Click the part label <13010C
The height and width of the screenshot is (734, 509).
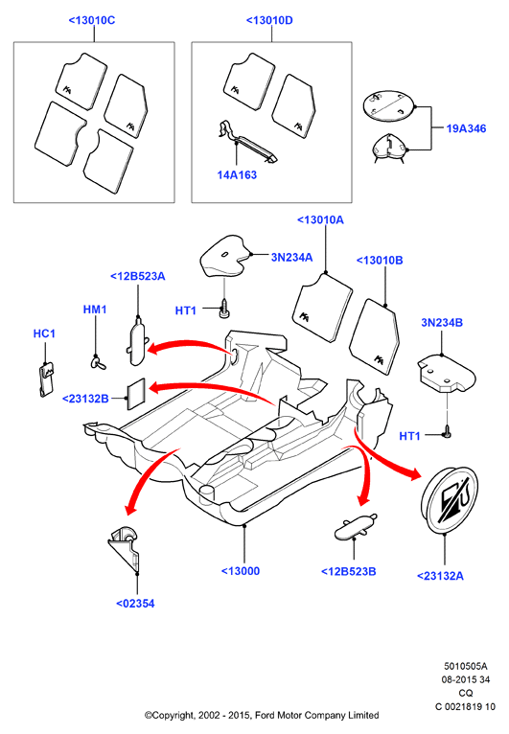pos(92,20)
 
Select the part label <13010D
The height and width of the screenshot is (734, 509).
pos(269,20)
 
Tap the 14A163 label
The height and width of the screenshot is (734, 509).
pos(237,175)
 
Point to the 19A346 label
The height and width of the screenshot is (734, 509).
pos(466,128)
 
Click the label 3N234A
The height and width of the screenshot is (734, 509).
pos(291,257)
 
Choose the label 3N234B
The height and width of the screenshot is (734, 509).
pos(442,323)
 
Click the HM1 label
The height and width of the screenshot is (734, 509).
pos(95,310)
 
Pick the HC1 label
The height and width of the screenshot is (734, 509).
pos(44,333)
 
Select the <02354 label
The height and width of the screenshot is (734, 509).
pos(135,604)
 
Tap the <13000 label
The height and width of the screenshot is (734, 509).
pos(241,571)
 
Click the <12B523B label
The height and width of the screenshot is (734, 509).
pos(348,571)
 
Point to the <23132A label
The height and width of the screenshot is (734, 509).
pos(440,576)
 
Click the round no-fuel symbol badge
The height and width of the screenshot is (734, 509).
pos(450,499)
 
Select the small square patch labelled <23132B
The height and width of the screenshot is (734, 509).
pos(137,394)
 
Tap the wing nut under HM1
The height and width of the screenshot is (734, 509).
pos(98,362)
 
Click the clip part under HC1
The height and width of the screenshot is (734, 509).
pos(46,379)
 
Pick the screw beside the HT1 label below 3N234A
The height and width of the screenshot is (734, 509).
pos(225,310)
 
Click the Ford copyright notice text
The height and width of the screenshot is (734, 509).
pos(262,715)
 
